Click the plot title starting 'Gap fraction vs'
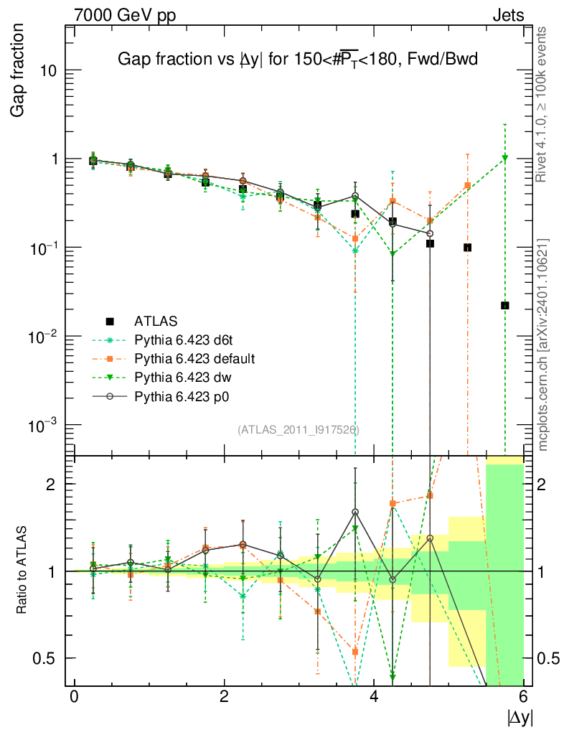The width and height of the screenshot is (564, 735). coord(297,60)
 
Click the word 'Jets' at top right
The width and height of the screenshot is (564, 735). coord(507,15)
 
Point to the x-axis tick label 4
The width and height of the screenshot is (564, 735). coord(374,697)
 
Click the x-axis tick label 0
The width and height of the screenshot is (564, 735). coord(74,697)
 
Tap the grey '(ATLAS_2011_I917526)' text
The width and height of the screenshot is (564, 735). coord(298,430)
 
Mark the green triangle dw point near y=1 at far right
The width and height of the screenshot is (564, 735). coord(505,158)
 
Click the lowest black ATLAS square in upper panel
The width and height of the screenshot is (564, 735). coord(505,306)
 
